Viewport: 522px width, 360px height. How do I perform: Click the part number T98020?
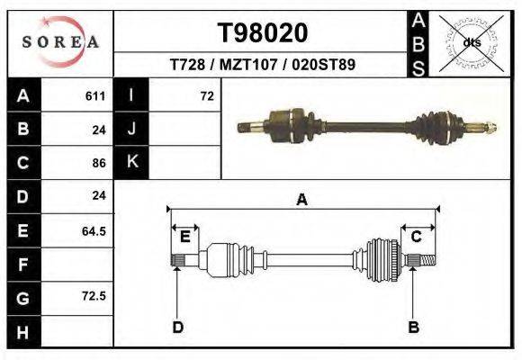point(263,33)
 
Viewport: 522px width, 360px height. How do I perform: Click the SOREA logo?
point(59,42)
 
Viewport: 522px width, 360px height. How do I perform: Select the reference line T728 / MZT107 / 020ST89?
point(263,66)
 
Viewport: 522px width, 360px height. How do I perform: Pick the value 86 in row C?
point(99,163)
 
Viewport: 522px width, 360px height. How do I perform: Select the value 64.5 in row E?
point(94,231)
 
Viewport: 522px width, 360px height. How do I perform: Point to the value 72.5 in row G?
point(94,295)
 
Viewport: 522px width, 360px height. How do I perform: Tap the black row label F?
point(22,265)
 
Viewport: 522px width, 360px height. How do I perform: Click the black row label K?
point(131,162)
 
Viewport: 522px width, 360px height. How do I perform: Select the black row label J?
point(131,130)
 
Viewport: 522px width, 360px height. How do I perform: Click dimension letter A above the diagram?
point(301,200)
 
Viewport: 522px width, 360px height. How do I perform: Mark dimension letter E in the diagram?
point(184,236)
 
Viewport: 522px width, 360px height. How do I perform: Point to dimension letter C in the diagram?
point(417,236)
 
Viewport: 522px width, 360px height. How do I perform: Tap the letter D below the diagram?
point(177,327)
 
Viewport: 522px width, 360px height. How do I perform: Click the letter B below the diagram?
point(413,327)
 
